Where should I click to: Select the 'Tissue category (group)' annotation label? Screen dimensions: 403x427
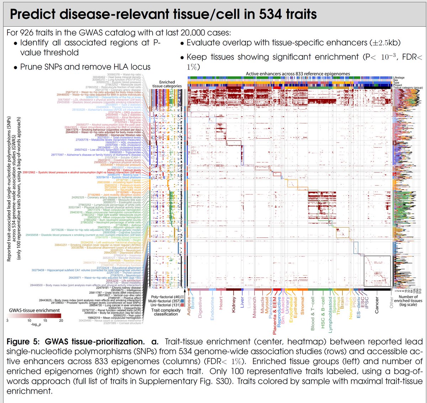point(408,88)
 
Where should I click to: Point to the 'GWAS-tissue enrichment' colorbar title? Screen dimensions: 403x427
point(34,310)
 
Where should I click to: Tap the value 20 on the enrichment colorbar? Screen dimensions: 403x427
point(61,321)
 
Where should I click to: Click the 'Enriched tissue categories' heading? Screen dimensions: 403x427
point(167,84)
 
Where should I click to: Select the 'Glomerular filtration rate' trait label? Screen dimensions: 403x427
point(123,135)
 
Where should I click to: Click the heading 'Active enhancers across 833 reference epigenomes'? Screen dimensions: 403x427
point(298,74)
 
